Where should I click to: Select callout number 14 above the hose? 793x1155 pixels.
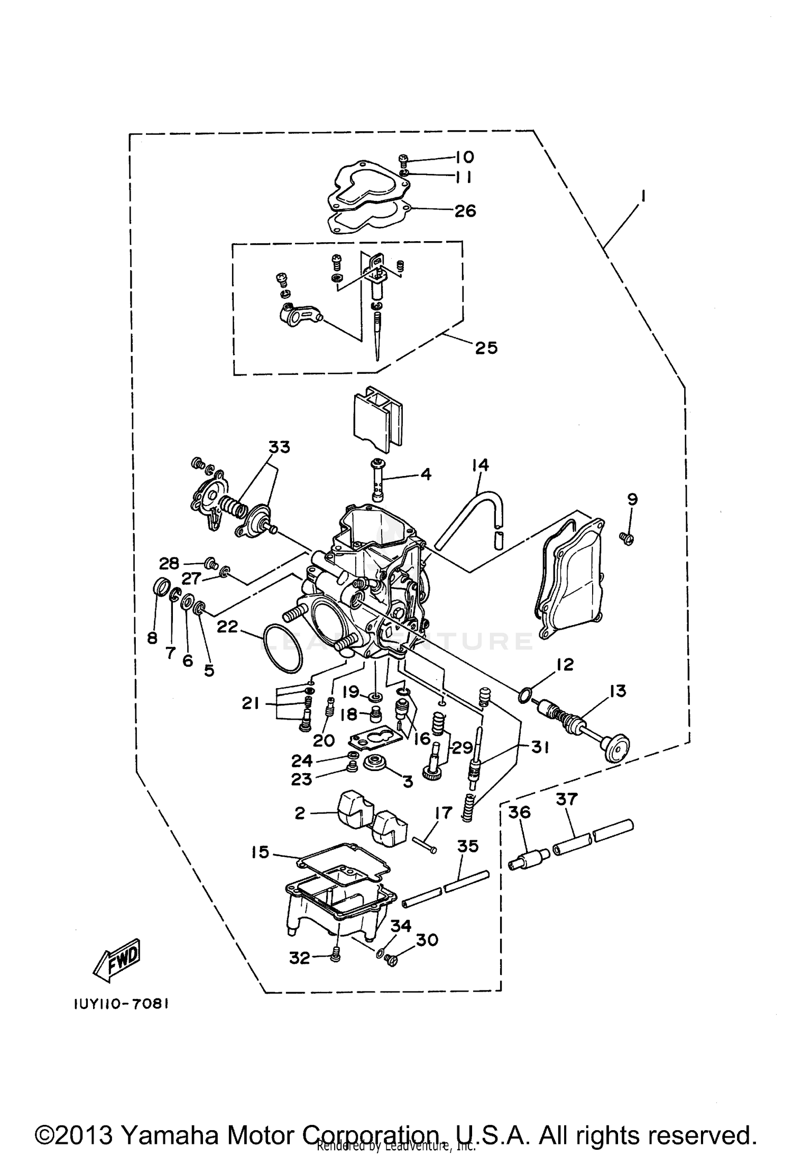481,465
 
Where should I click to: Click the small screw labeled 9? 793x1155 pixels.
628,538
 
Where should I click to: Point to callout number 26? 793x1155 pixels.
465,211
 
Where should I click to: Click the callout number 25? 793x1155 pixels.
486,348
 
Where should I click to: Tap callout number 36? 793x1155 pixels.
519,812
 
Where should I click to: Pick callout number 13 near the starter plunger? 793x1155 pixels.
617,691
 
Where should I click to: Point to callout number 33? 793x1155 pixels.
279,447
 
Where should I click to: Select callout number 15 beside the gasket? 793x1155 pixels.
261,852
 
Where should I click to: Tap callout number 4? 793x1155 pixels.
426,474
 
